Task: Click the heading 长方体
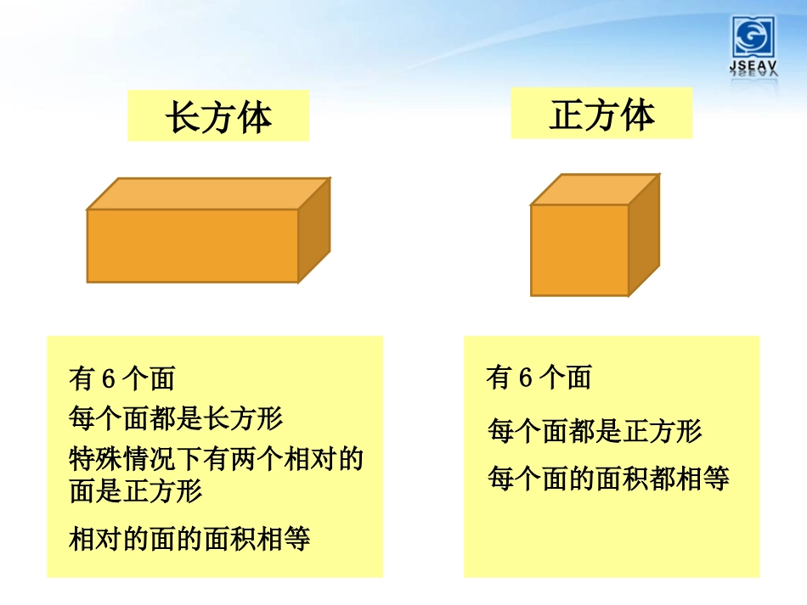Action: click(x=218, y=117)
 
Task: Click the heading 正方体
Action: click(x=601, y=114)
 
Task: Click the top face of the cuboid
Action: click(x=208, y=193)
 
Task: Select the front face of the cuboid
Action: click(x=193, y=245)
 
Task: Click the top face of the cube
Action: click(x=594, y=189)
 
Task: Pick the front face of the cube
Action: click(x=579, y=249)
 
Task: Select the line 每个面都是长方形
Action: click(x=176, y=417)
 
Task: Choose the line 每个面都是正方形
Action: click(x=595, y=432)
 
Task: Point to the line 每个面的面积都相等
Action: click(x=608, y=479)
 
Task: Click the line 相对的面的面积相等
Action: click(x=189, y=538)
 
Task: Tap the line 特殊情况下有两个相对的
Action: click(x=216, y=459)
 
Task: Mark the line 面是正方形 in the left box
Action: click(x=136, y=491)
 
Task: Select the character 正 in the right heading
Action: click(x=566, y=114)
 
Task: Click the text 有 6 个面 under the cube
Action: click(x=539, y=378)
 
